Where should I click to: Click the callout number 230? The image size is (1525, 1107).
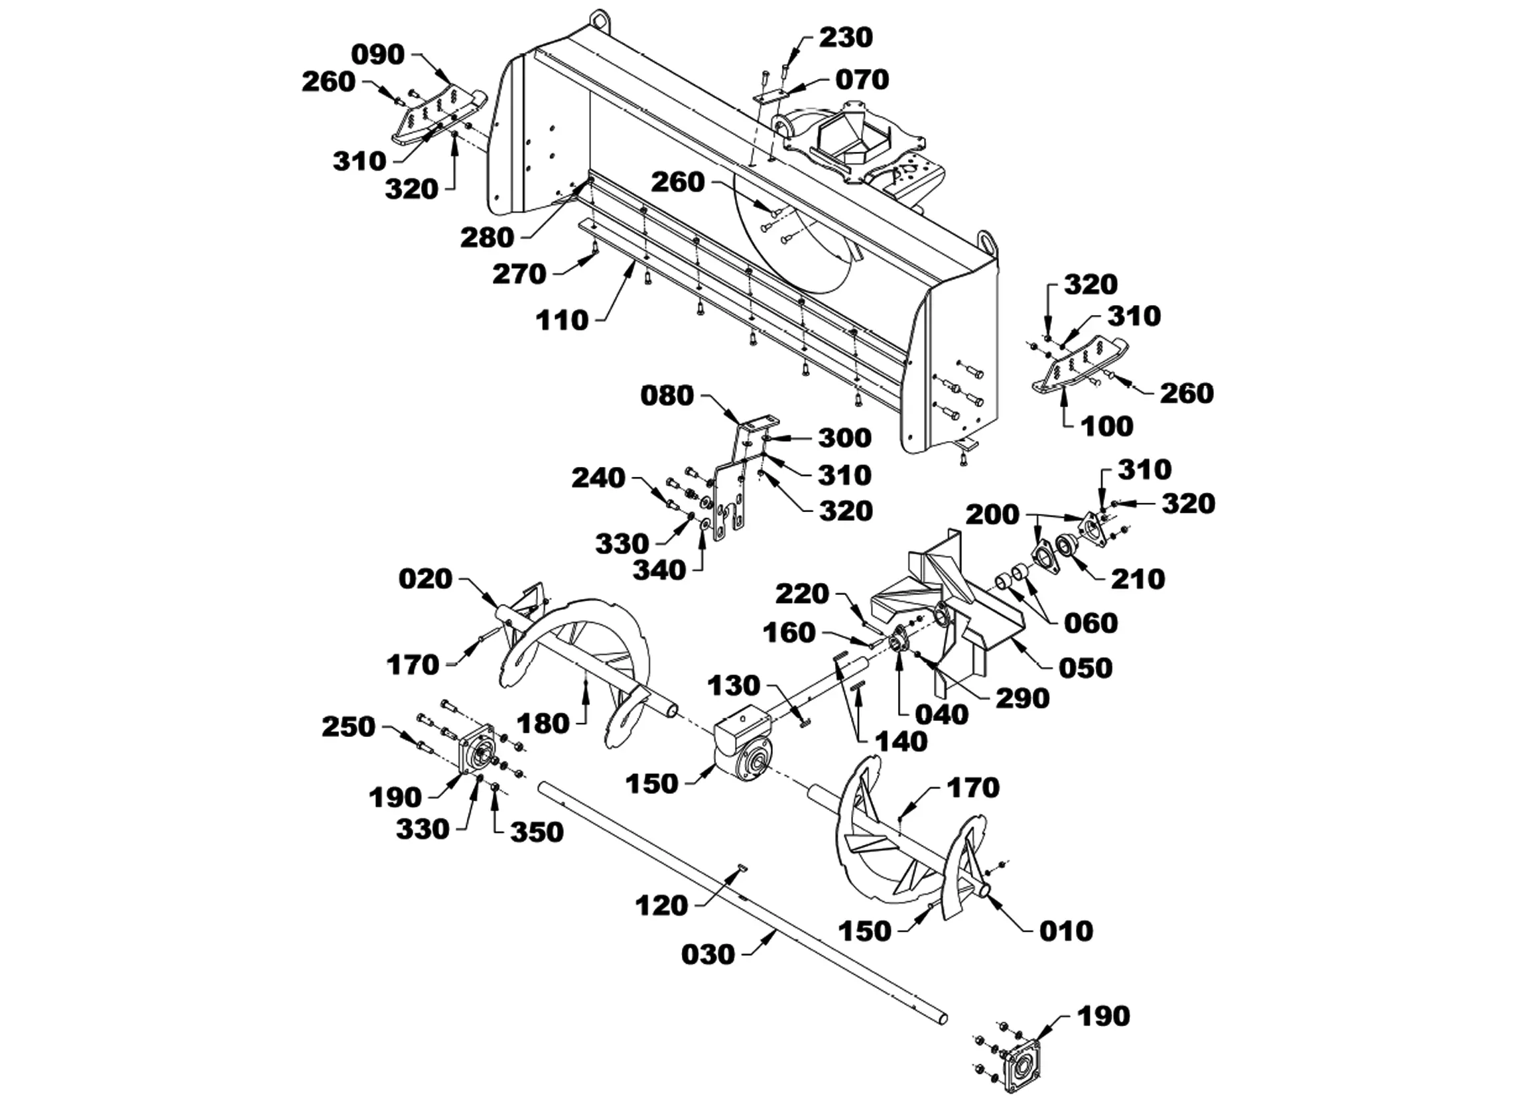point(846,38)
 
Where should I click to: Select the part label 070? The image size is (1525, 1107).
point(863,80)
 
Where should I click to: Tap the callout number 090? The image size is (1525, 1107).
point(379,55)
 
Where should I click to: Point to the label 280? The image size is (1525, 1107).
point(488,237)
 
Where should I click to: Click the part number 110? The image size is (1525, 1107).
point(562,321)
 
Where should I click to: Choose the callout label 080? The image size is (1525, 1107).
point(667,396)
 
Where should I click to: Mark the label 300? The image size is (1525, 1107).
point(845,438)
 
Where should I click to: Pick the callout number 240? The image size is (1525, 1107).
point(598,478)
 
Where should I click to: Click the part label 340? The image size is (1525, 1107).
point(659,571)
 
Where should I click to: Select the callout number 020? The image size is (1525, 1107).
point(426,579)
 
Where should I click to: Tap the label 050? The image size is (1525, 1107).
point(1086,669)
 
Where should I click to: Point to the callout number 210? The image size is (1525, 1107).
point(1138,579)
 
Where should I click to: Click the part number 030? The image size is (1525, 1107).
point(708,955)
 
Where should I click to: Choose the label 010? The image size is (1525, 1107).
point(1067,931)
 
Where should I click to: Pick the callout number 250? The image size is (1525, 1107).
point(348,727)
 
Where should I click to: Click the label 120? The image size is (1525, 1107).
point(662,907)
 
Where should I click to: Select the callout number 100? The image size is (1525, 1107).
point(1106,426)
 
